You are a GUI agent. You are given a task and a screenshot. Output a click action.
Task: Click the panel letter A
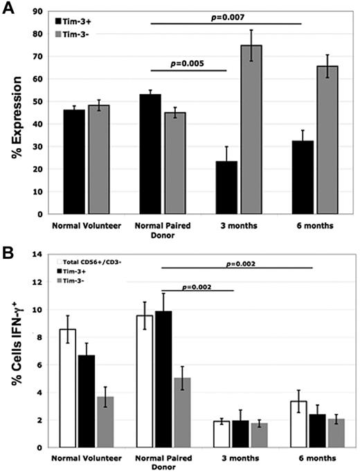10,8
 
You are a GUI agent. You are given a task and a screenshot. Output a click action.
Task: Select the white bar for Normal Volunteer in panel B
68,388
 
